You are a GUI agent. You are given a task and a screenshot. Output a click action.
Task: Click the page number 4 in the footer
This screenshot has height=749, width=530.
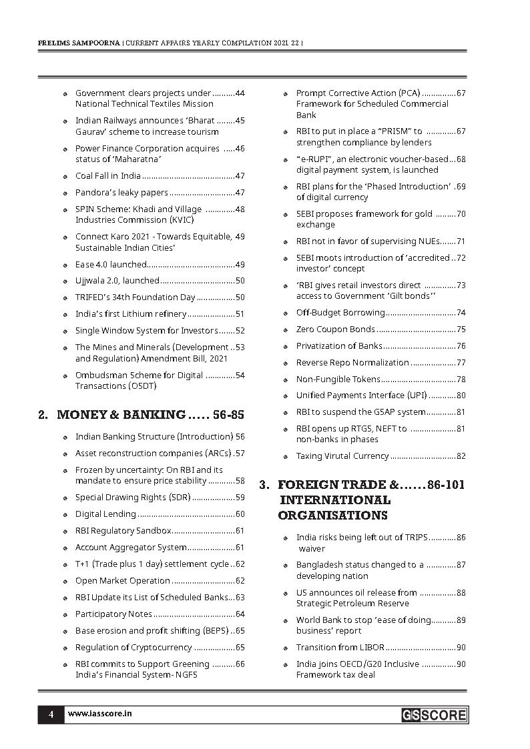click(x=51, y=714)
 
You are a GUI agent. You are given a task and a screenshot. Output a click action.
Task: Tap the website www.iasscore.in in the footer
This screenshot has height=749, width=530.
click(x=99, y=714)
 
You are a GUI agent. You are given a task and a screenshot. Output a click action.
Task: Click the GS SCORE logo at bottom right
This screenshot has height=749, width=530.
click(x=434, y=715)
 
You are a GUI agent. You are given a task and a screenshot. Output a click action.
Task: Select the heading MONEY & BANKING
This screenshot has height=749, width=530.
click(x=121, y=415)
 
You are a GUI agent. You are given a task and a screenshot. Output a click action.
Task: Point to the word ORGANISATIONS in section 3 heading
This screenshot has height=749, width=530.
click(x=332, y=516)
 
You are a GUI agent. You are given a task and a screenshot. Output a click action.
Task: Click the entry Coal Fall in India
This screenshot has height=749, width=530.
click(x=107, y=176)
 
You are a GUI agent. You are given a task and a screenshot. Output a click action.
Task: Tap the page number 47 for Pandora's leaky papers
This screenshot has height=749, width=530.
click(x=240, y=193)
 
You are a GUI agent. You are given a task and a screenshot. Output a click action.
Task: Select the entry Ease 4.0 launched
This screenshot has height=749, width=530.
click(x=110, y=264)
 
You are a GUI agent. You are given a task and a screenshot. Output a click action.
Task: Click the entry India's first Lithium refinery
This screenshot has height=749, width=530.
click(x=131, y=314)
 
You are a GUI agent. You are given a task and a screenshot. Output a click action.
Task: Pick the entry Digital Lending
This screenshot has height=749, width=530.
click(x=105, y=514)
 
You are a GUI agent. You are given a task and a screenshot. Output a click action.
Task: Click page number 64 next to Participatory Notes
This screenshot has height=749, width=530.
click(x=240, y=614)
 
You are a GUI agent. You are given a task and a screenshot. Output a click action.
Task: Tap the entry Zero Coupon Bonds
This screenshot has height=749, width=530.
click(x=335, y=329)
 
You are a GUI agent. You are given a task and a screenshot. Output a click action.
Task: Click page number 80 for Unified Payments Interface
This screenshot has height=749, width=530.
click(x=461, y=396)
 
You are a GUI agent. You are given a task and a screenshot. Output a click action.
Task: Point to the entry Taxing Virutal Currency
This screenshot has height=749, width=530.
click(x=342, y=456)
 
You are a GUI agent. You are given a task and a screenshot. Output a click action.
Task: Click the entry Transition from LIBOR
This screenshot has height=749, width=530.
click(x=340, y=648)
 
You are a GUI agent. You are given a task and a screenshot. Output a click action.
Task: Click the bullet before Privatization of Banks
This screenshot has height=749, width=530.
click(x=286, y=347)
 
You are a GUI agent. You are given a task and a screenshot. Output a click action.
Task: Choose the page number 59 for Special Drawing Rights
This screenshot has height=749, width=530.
click(x=240, y=498)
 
